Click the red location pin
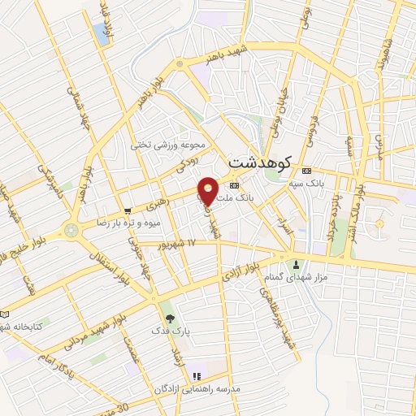tap(208, 190)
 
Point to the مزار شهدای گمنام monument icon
tap(295, 264)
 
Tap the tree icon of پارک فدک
tap(169, 318)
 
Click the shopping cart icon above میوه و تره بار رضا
tap(128, 210)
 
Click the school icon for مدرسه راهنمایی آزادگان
tap(196, 375)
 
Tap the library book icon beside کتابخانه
tap(6, 314)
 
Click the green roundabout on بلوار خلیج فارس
tap(71, 231)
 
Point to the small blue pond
tap(102, 33)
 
